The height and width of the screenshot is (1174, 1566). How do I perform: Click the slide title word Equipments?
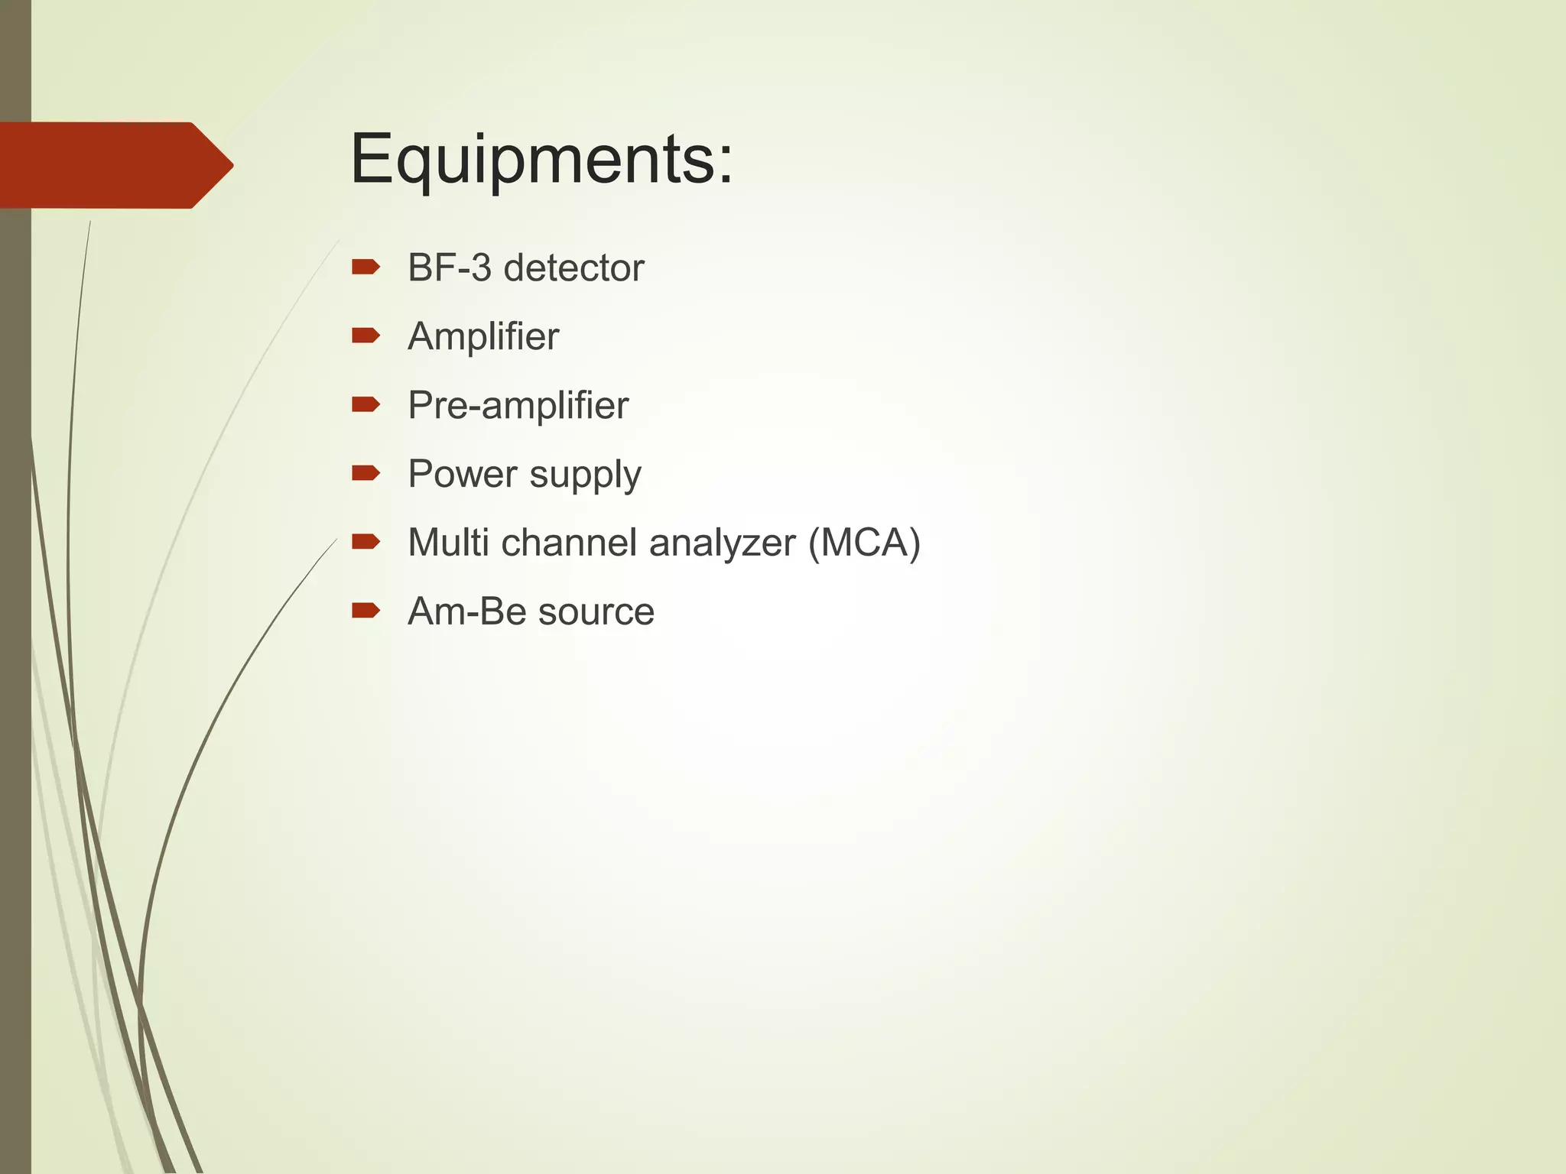(540, 160)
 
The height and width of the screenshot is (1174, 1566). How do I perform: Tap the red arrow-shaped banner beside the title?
(115, 165)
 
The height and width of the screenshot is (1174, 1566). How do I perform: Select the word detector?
(573, 268)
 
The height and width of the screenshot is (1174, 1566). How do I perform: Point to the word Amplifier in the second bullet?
(483, 336)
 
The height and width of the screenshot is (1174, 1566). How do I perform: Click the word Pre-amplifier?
(518, 405)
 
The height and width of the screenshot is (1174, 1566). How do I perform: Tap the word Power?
(463, 474)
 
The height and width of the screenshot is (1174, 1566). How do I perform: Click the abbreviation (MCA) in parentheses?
(864, 543)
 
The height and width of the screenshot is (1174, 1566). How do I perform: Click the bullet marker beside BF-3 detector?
(366, 267)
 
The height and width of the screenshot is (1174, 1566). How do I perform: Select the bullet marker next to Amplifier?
(366, 336)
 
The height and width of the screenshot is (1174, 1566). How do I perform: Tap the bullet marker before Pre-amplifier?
(366, 404)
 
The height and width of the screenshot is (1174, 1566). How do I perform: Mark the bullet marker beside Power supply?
(366, 473)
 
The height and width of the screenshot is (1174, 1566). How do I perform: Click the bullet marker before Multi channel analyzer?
(366, 542)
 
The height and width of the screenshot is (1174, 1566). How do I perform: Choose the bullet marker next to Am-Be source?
(366, 610)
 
